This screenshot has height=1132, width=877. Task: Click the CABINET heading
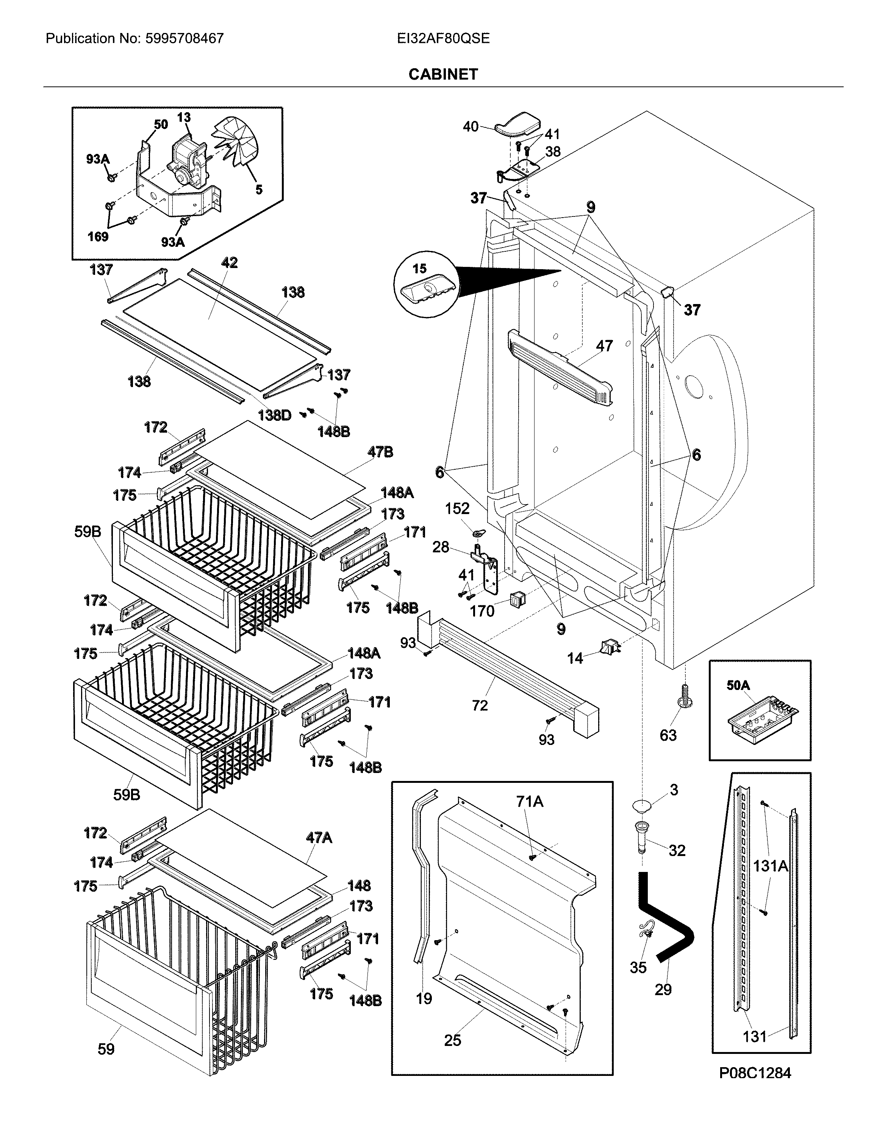pyautogui.click(x=443, y=75)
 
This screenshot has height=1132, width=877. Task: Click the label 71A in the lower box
pyautogui.click(x=529, y=801)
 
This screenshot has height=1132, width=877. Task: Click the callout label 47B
pyautogui.click(x=380, y=452)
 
